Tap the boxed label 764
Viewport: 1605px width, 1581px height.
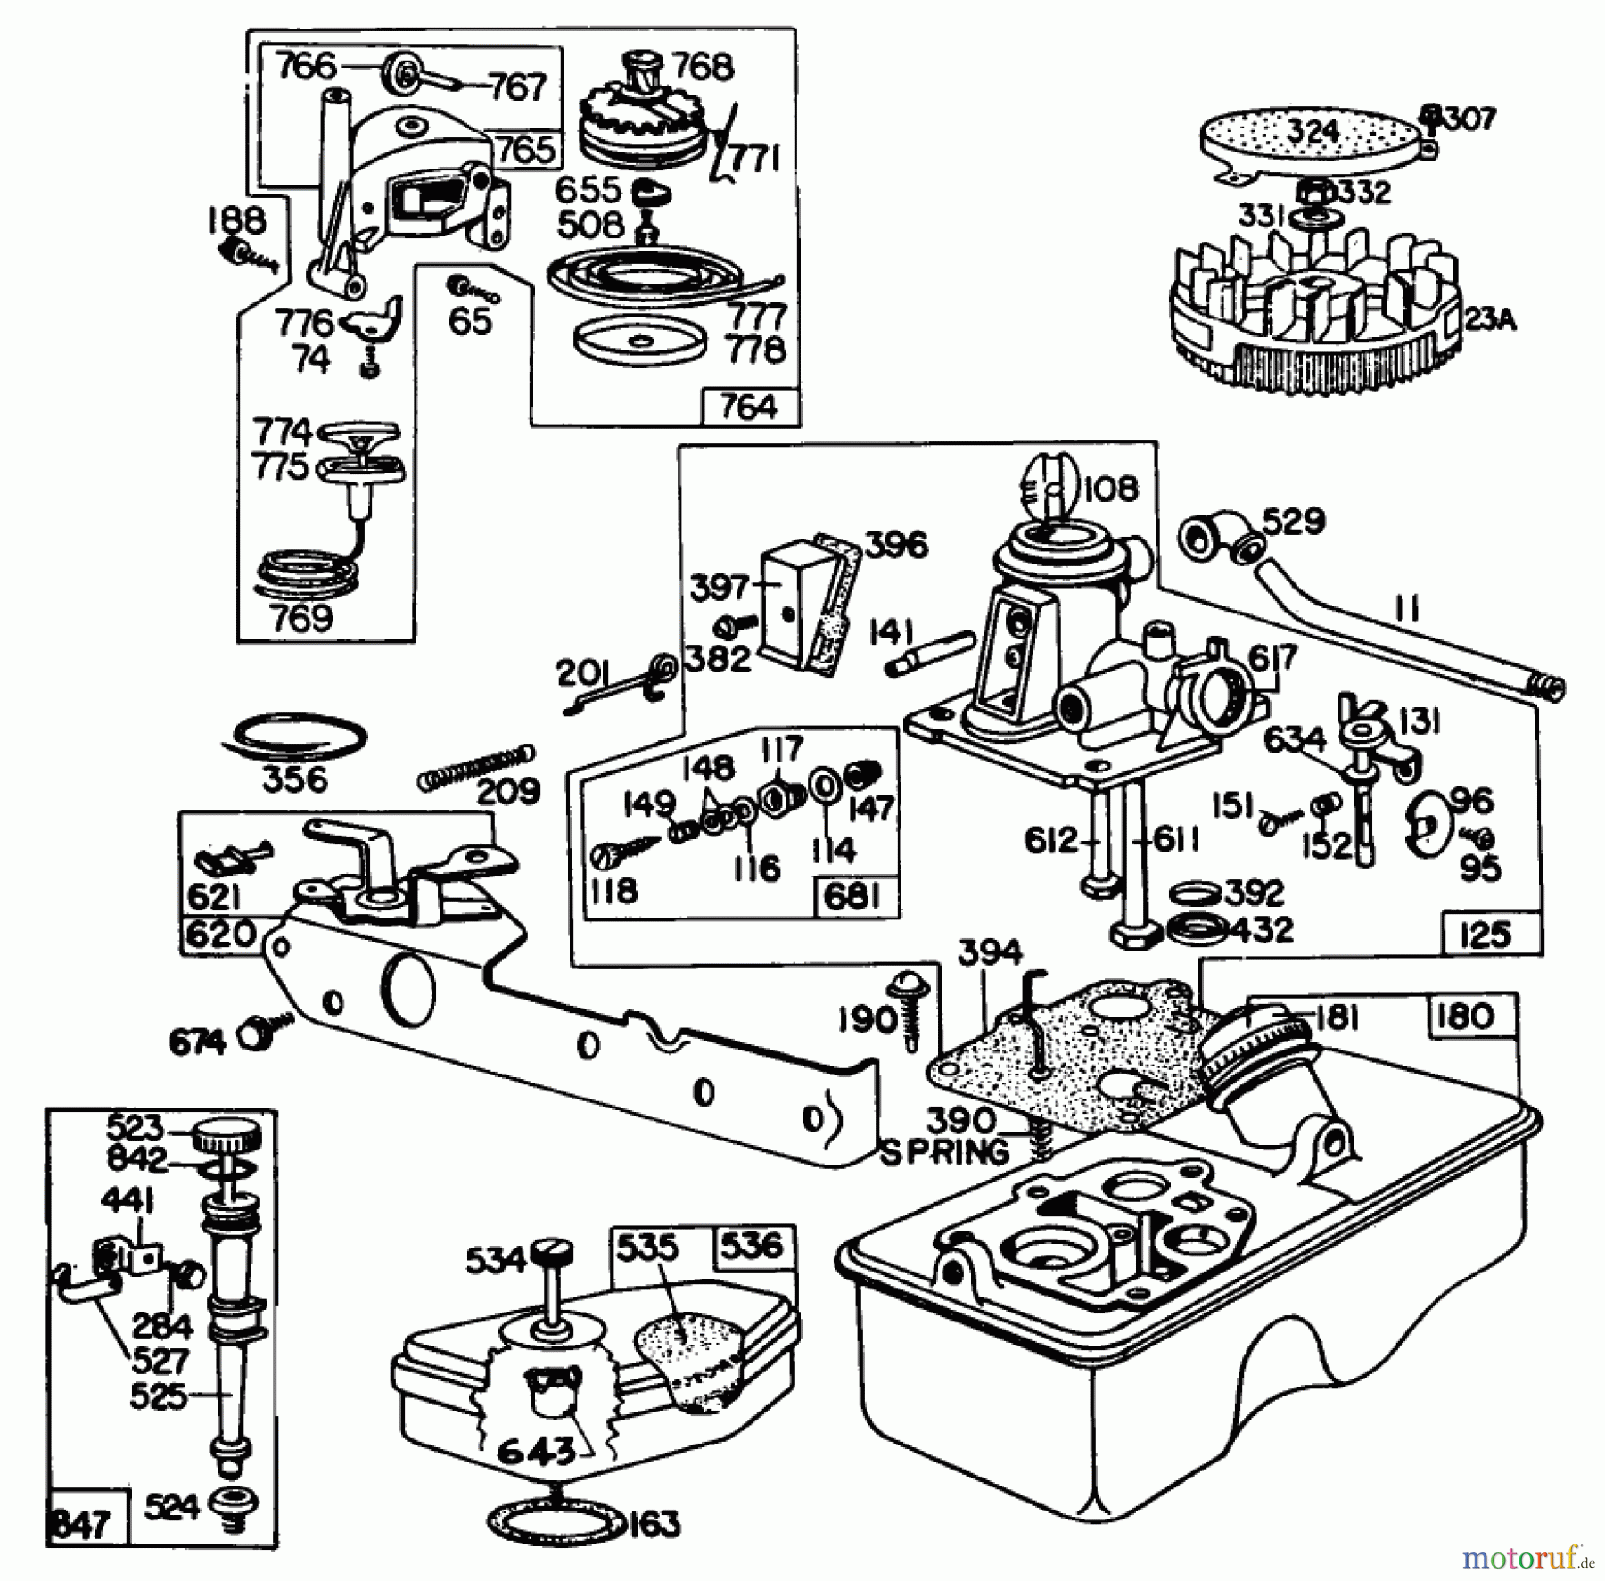pyautogui.click(x=748, y=407)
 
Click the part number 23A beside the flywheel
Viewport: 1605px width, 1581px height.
pyautogui.click(x=1489, y=319)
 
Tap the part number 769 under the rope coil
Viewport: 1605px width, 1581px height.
pyautogui.click(x=300, y=618)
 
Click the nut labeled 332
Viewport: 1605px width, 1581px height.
pyautogui.click(x=1315, y=192)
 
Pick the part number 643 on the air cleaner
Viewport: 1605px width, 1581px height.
pyautogui.click(x=536, y=1451)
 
